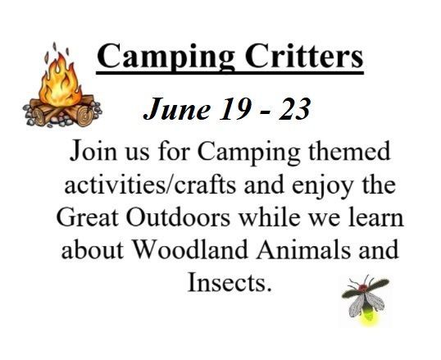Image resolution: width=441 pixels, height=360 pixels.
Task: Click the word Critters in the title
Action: click(x=304, y=56)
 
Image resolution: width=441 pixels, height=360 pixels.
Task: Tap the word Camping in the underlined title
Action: click(x=166, y=57)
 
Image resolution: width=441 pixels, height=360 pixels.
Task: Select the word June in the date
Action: click(x=177, y=108)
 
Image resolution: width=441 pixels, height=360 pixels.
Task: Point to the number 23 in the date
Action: click(x=294, y=108)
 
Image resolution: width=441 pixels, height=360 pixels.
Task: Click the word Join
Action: click(x=93, y=151)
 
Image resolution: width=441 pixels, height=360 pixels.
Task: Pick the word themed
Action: click(x=349, y=151)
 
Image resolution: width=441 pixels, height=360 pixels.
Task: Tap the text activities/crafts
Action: click(x=151, y=185)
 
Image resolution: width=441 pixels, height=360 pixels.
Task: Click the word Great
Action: click(x=88, y=217)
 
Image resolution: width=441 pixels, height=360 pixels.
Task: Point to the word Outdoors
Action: click(x=178, y=217)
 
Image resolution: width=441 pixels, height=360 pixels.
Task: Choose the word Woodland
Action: click(x=190, y=249)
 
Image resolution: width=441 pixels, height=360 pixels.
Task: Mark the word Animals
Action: click(x=303, y=249)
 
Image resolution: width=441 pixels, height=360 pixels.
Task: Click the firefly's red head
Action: click(x=362, y=288)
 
